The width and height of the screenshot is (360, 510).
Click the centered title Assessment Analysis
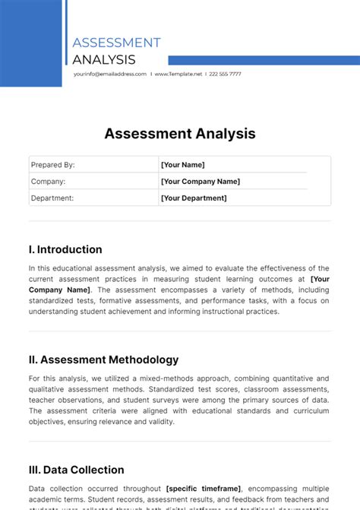pos(180,134)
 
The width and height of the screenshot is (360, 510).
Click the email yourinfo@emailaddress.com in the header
pos(110,74)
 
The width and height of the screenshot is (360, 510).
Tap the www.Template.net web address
pos(178,74)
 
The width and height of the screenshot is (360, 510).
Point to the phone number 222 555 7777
pos(226,74)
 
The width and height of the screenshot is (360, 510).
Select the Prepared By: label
pos(52,165)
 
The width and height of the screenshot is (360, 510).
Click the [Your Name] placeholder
pos(182,165)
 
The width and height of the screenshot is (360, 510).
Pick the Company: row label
pos(48,182)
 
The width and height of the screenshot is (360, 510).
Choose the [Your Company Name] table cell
pos(201,182)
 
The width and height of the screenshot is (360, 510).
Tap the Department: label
pos(52,198)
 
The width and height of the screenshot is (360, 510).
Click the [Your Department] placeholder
pos(194,198)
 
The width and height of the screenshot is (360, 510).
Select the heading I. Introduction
pos(65,249)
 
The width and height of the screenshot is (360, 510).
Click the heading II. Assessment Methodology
pos(103,360)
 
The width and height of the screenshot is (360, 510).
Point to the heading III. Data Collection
pos(76,470)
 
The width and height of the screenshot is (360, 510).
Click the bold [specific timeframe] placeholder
pos(204,489)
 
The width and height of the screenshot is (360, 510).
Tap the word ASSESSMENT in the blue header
pos(116,43)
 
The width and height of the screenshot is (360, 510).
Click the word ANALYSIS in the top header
pos(104,59)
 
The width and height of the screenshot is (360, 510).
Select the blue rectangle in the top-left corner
pos(30,42)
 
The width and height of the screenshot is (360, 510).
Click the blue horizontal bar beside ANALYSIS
pos(264,60)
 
